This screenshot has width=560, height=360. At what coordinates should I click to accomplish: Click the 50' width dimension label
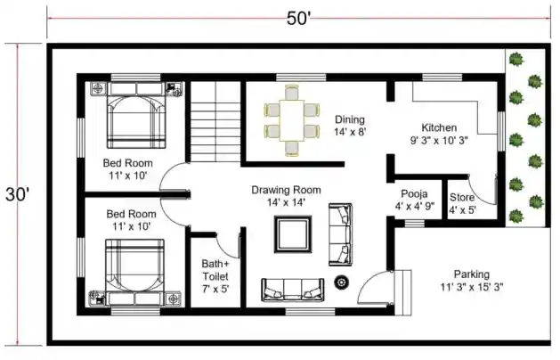298,18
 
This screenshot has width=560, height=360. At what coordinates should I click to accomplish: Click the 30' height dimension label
17,194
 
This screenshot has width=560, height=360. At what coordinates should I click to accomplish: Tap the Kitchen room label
439,134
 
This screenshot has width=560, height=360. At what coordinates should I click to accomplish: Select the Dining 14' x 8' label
350,126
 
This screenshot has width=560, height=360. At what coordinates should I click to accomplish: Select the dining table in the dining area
291,120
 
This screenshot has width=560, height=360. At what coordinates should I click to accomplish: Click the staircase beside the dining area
215,121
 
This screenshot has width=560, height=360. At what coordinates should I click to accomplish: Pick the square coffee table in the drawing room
293,234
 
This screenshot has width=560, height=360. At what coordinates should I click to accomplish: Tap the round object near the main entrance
341,283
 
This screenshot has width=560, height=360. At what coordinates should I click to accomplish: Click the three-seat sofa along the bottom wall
293,290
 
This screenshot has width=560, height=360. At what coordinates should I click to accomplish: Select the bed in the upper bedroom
136,116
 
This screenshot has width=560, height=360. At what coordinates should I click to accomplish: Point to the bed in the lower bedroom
135,273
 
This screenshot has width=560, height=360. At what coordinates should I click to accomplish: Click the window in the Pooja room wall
414,224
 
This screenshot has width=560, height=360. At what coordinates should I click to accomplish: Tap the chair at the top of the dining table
292,93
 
